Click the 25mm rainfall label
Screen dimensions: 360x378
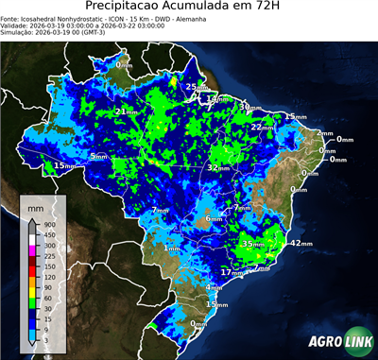coord(192,87)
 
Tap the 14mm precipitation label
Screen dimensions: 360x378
coord(217,98)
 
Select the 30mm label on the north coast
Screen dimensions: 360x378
coord(249,107)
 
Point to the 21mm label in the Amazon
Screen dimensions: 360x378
coord(124,111)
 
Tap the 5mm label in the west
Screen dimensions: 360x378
coord(98,156)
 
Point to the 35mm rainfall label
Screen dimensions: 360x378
coord(252,244)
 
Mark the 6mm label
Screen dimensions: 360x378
coord(214,219)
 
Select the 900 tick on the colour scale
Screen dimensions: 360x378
coord(46,225)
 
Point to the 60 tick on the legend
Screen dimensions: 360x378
coord(46,299)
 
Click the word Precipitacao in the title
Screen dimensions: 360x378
coord(134,8)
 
